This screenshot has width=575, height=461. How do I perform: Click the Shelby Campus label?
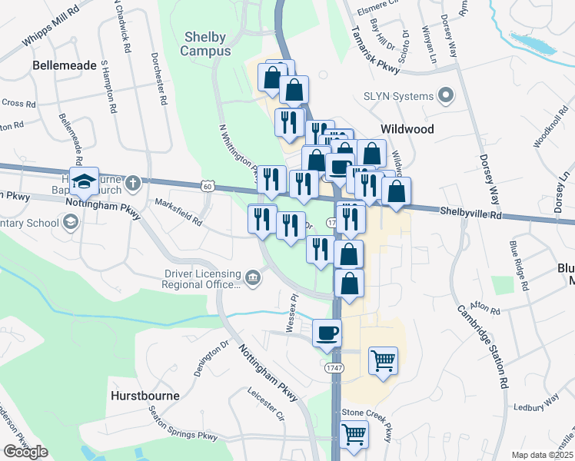[205, 45]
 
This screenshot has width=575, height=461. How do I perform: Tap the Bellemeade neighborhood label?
[63, 66]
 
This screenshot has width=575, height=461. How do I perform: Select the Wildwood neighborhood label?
[407, 129]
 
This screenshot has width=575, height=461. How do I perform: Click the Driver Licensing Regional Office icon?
[252, 276]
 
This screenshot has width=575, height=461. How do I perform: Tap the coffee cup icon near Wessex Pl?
[327, 333]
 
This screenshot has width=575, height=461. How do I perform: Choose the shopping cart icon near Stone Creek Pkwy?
[354, 434]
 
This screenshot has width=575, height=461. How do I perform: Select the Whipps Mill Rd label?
[50, 25]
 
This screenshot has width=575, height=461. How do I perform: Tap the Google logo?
[25, 452]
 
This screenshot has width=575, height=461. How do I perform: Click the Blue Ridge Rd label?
[520, 265]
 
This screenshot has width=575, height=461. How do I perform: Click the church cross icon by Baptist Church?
[133, 183]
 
